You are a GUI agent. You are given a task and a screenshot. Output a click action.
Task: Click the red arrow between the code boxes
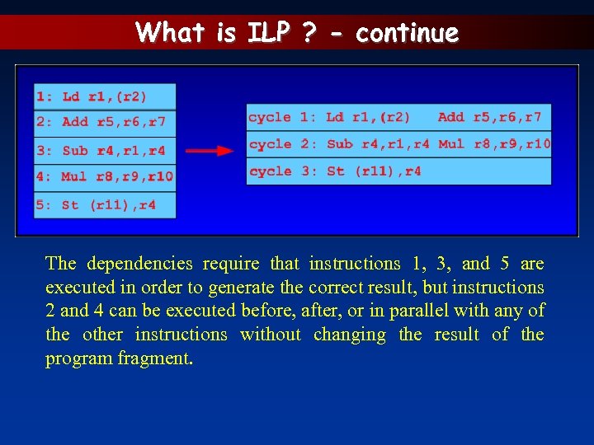(x=210, y=151)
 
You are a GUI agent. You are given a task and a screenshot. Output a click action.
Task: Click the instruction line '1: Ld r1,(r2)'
(x=104, y=96)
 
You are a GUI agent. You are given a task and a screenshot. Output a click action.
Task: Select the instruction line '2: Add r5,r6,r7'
(x=104, y=123)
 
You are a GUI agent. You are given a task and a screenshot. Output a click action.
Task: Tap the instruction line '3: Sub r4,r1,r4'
(x=104, y=151)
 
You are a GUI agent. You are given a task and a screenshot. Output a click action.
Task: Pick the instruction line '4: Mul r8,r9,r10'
(x=104, y=176)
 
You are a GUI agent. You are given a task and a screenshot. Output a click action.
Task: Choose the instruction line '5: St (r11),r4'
(x=104, y=204)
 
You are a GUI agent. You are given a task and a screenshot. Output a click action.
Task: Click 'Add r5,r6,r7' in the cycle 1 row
(x=489, y=118)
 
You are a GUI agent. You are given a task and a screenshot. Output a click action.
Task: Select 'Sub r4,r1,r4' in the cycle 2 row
(x=378, y=144)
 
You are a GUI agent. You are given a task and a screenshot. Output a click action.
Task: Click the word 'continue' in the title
(x=407, y=33)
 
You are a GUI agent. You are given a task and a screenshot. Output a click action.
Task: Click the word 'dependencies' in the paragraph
(x=139, y=264)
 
